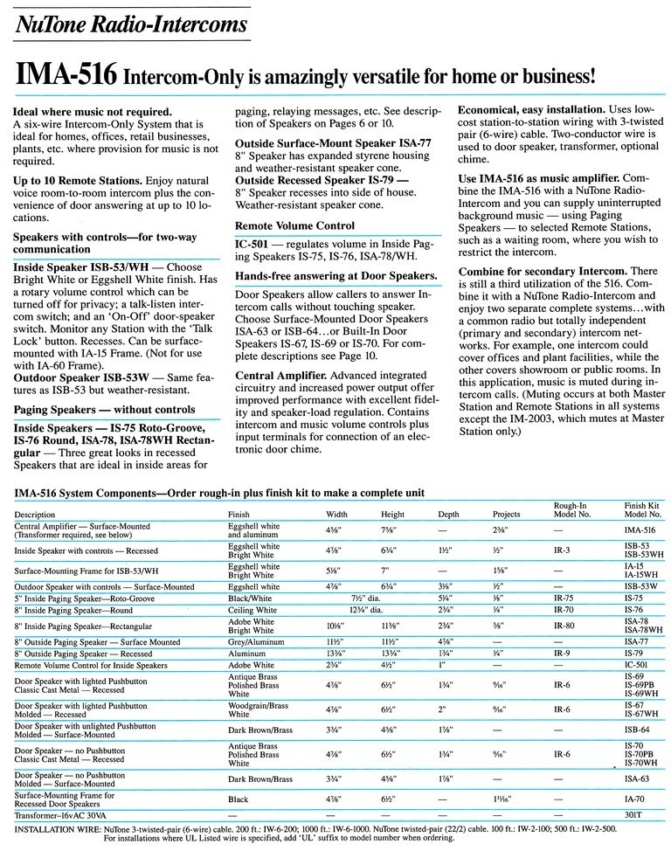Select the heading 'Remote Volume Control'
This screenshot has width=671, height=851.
(x=294, y=225)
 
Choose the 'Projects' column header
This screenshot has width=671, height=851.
(x=506, y=514)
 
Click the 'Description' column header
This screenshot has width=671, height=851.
(x=34, y=514)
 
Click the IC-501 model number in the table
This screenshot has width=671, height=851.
(x=635, y=665)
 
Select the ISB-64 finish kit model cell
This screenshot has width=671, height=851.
(x=637, y=727)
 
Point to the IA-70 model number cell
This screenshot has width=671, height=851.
(x=635, y=799)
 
